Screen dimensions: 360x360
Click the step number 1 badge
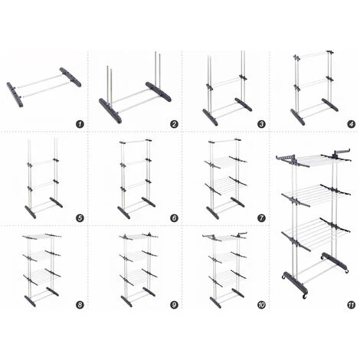coord(80,124)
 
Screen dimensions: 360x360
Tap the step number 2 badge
coord(174,124)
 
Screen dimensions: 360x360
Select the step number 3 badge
coord(262,124)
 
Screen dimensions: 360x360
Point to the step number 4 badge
coord(352,124)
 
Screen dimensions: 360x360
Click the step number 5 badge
coord(80,218)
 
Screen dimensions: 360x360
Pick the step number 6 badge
coord(174,218)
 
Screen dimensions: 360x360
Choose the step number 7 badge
coord(262,218)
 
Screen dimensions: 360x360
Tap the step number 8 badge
coord(80,305)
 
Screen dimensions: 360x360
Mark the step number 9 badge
coord(174,305)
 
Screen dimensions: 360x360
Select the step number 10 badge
coord(262,305)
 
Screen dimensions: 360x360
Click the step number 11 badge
coord(352,305)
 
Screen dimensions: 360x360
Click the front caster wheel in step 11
coord(304,296)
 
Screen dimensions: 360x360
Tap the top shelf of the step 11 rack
coord(314,159)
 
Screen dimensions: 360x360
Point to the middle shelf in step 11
coord(316,195)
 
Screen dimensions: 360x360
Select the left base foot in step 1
coord(15,94)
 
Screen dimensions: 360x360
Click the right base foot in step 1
coord(70,77)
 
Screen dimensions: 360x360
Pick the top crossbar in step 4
coord(314,54)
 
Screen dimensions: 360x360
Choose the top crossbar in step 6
coord(136,141)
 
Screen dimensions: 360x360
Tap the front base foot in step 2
coord(110,111)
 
